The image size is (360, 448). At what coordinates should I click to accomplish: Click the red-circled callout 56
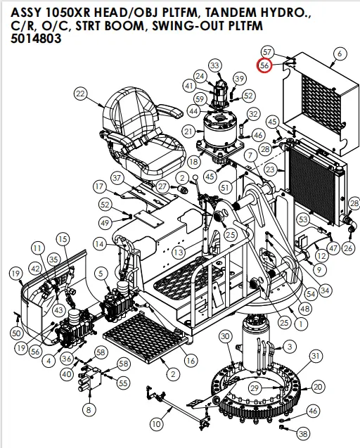click(x=264, y=65)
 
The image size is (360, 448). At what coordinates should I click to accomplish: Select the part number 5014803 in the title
click(x=36, y=40)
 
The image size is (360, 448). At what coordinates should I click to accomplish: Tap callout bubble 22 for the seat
click(x=80, y=94)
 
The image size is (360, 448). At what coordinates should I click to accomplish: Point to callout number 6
click(x=340, y=53)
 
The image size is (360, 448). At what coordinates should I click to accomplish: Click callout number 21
click(x=188, y=132)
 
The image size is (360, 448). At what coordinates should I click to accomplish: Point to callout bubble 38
click(x=303, y=434)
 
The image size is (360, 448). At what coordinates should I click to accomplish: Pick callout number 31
click(x=316, y=357)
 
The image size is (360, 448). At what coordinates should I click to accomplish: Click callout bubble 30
click(x=224, y=337)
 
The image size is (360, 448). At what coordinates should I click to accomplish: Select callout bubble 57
click(x=266, y=52)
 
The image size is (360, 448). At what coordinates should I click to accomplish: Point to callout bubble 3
click(x=288, y=347)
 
